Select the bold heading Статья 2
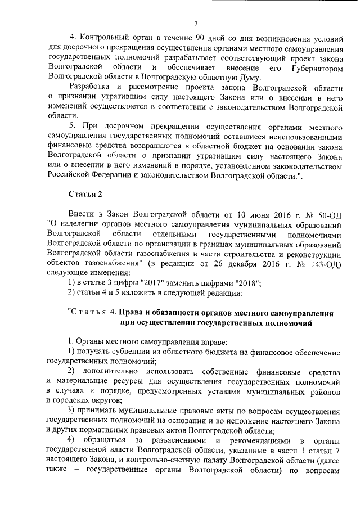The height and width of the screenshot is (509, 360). [x=85, y=194]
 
